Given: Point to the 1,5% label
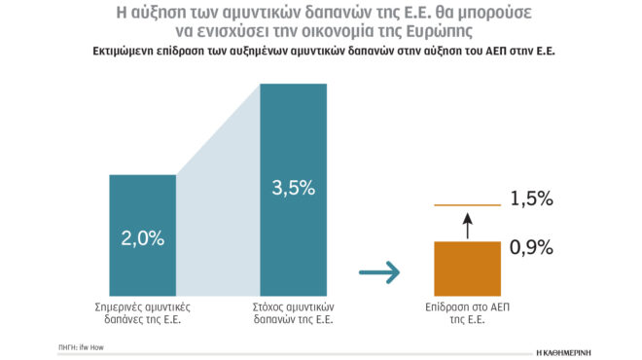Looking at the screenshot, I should pyautogui.click(x=531, y=199).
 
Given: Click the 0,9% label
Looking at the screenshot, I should pyautogui.click(x=531, y=247).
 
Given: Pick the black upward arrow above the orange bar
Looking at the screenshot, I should pyautogui.click(x=466, y=225).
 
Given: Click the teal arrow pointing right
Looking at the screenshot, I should pyautogui.click(x=379, y=274).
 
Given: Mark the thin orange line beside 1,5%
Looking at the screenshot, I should pyautogui.click(x=466, y=205).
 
